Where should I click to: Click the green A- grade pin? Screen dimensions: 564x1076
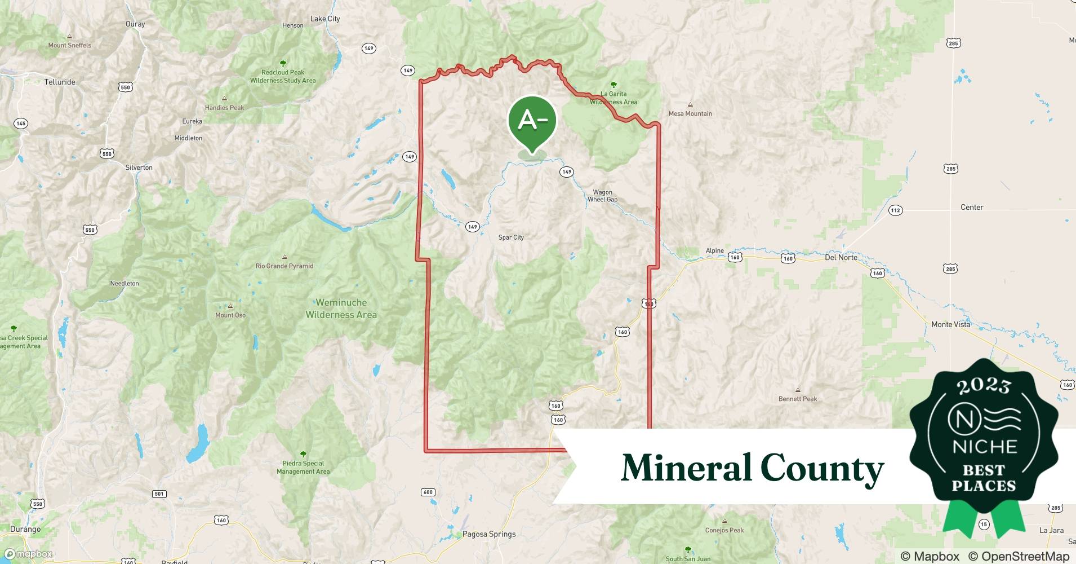point(532,121)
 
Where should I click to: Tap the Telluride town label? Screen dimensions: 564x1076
point(60,82)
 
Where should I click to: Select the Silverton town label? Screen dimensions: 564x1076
point(139,168)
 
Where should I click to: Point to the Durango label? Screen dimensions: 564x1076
point(25,529)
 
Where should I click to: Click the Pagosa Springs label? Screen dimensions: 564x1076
point(489,534)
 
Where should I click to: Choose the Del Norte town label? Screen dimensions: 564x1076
point(841,257)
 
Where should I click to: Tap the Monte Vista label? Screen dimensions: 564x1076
point(950,324)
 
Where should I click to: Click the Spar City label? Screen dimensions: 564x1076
point(511,237)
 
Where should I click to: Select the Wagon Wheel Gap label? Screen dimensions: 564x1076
point(602,196)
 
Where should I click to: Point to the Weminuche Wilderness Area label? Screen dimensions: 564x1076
point(341,309)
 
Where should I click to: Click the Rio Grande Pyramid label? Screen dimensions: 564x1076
point(284,266)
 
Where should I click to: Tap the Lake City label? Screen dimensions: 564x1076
point(325,19)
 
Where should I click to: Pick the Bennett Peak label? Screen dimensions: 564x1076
point(798,399)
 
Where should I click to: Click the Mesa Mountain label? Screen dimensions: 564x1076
point(690,113)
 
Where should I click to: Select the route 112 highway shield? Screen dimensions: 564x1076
point(895,210)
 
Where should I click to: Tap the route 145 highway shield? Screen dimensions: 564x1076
point(21,124)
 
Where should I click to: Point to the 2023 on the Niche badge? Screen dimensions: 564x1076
point(983,385)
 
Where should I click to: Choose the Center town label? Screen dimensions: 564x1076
point(972,207)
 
